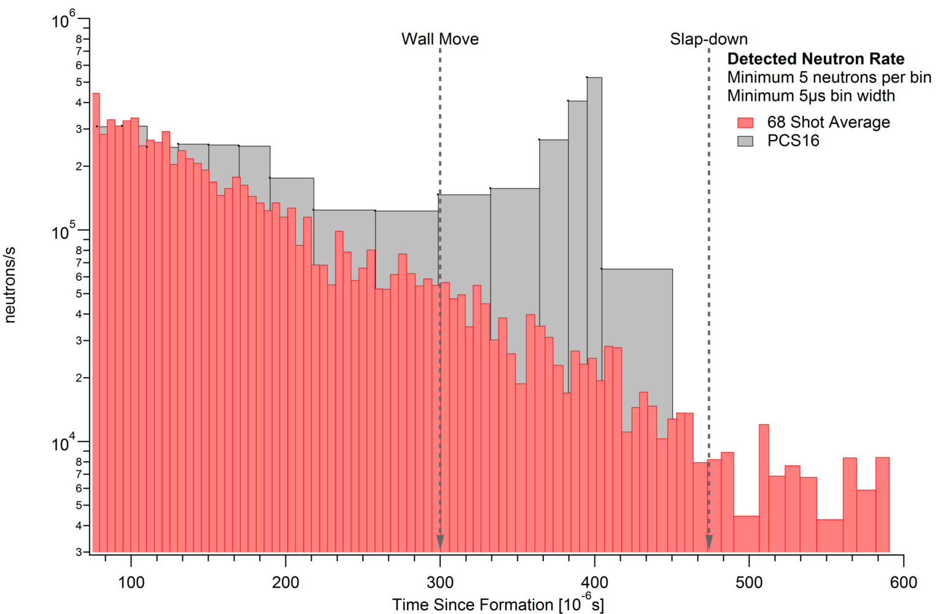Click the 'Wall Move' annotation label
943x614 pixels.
click(440, 39)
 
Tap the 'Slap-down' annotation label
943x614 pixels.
click(708, 39)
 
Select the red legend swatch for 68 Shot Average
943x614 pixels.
click(745, 122)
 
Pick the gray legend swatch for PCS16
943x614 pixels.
click(745, 141)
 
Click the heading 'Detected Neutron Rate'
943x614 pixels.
click(815, 59)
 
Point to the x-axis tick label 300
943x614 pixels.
click(440, 582)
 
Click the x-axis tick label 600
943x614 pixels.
click(903, 582)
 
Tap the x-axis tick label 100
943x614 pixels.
click(131, 582)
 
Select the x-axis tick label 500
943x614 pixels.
click(749, 582)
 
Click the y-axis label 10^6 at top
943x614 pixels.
click(64, 20)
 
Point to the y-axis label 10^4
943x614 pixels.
click(64, 443)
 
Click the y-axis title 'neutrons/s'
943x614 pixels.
click(10, 285)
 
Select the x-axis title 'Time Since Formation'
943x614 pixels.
click(498, 605)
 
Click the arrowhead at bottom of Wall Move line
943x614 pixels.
click(440, 542)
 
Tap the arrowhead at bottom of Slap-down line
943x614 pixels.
click(708, 542)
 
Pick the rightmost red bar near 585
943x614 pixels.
click(882, 503)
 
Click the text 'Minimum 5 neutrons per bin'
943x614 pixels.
click(829, 77)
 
